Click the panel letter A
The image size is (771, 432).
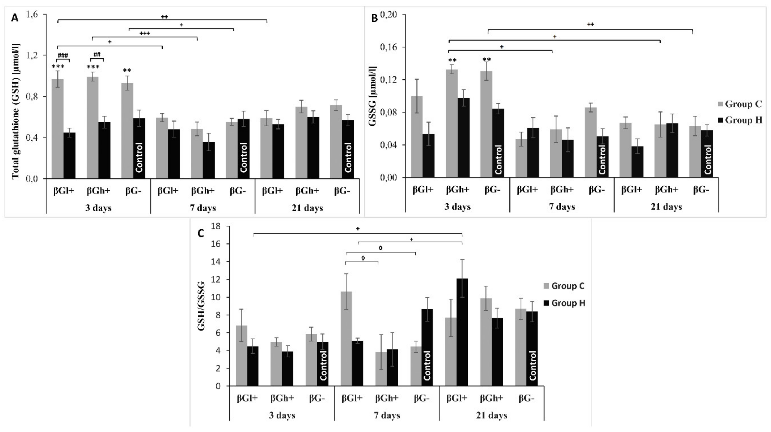click(14, 18)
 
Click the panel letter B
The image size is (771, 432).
click(374, 18)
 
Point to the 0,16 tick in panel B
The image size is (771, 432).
click(389, 47)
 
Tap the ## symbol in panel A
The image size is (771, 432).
click(97, 54)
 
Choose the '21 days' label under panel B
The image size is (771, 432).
click(666, 207)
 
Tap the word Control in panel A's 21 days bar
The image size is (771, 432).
click(348, 158)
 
